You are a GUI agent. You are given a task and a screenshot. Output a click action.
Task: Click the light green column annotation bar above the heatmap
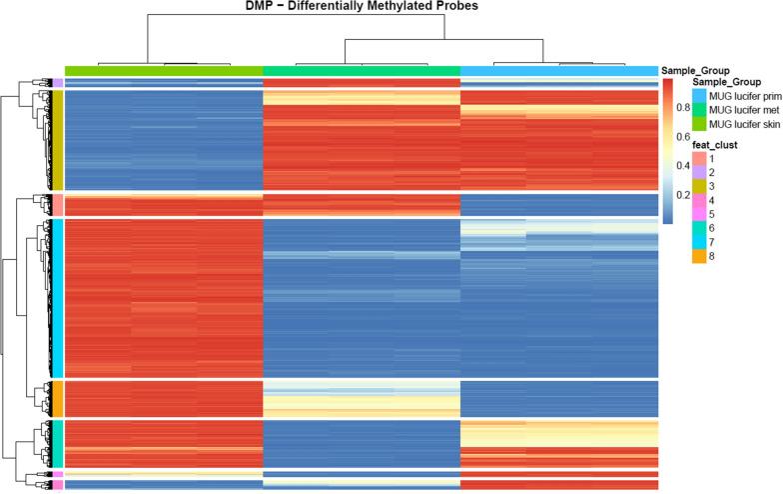(x=163, y=70)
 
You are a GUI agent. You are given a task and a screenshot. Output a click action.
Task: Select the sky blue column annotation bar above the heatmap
(x=559, y=70)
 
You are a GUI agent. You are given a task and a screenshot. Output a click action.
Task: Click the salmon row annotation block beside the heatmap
(x=58, y=205)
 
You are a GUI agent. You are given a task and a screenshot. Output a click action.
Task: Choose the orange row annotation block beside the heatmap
(x=58, y=397)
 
